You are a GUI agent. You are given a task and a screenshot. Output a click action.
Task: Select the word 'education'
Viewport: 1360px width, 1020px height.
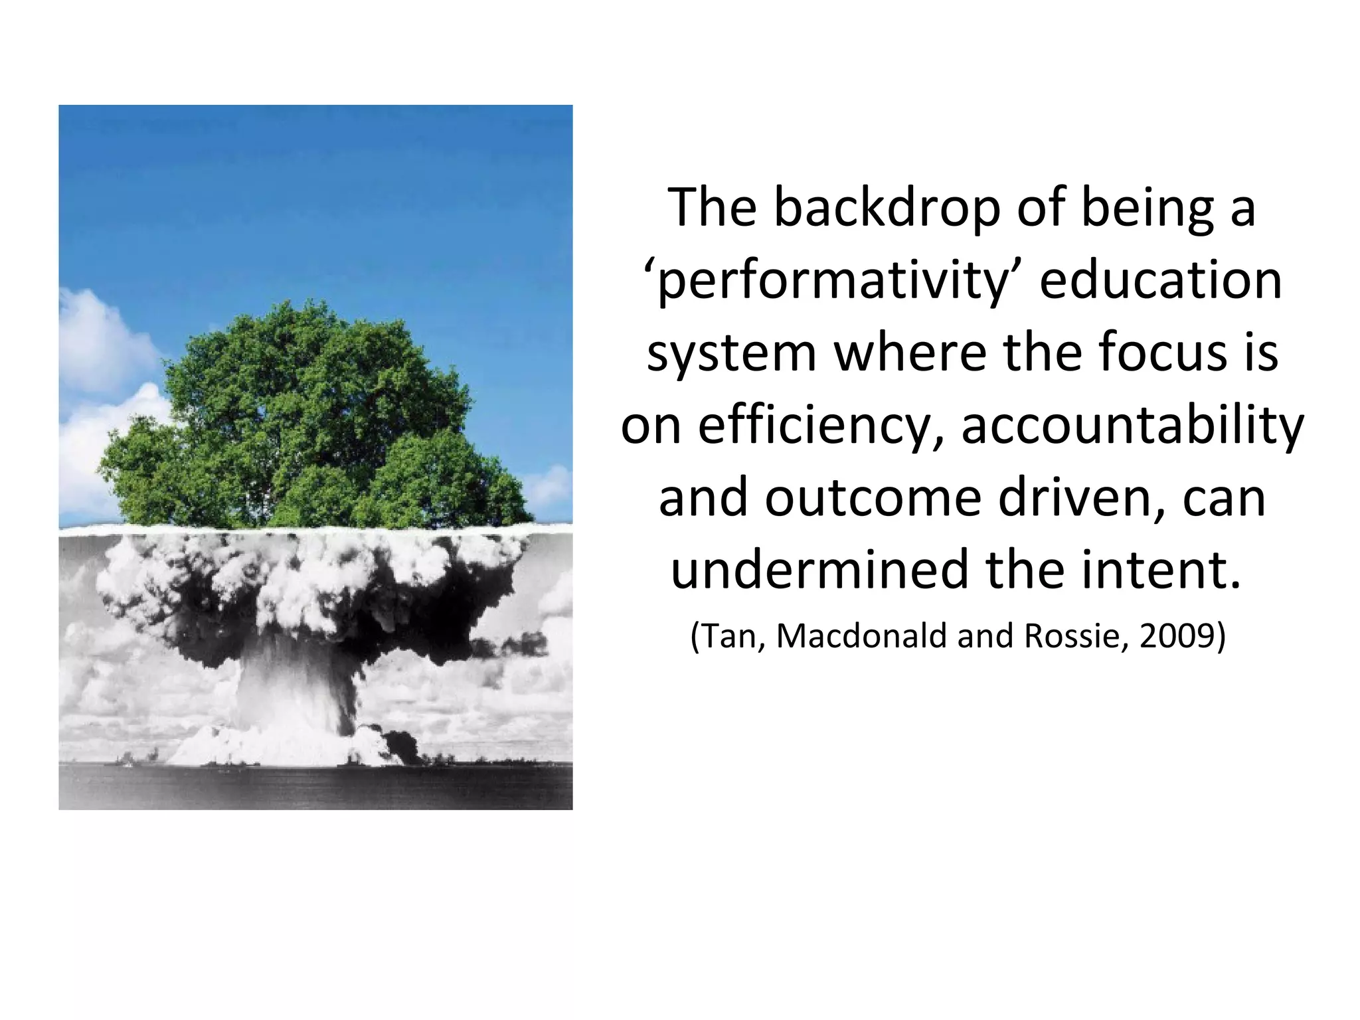click(1160, 280)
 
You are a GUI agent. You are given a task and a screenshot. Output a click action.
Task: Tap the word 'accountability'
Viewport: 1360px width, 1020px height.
click(1132, 426)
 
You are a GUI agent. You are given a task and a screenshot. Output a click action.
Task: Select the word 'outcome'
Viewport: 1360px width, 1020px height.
click(873, 498)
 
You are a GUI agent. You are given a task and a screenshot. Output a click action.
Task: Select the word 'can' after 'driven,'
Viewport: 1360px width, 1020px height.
click(1224, 498)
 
